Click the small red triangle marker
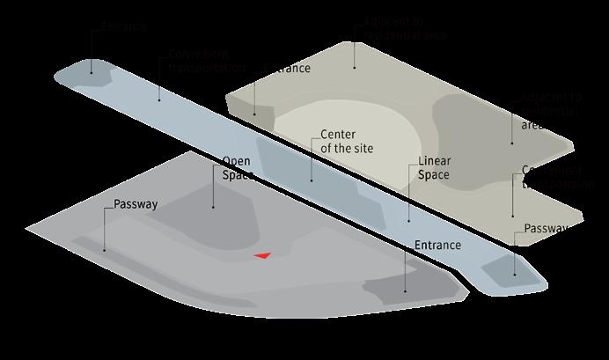(x=261, y=255)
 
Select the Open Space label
(x=238, y=168)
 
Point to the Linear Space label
(x=433, y=168)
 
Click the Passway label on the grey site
(x=136, y=204)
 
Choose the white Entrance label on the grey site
(x=437, y=244)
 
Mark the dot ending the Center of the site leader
(x=311, y=180)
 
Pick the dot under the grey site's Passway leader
(x=104, y=251)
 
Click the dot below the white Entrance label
(x=405, y=290)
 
